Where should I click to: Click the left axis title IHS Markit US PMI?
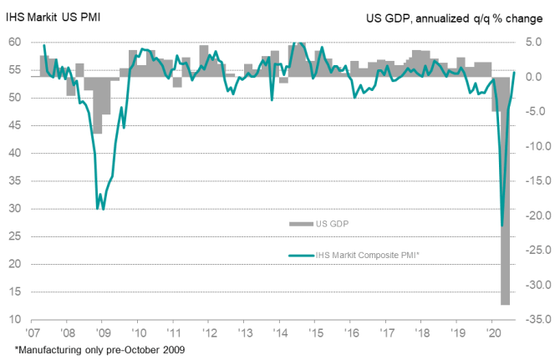pyautogui.click(x=53, y=18)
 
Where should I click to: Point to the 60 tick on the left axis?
pyautogui.click(x=15, y=43)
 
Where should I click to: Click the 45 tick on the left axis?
pyautogui.click(x=15, y=125)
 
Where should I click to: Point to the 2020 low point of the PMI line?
pyautogui.click(x=502, y=226)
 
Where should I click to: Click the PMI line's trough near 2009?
pyautogui.click(x=102, y=209)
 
